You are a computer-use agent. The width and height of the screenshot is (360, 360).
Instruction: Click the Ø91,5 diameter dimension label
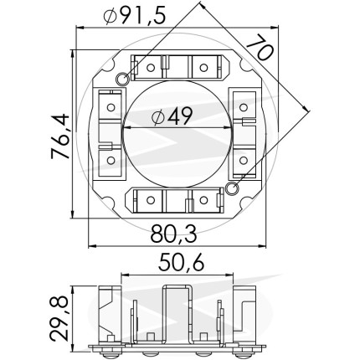135,16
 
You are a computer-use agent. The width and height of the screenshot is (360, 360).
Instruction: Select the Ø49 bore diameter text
172,116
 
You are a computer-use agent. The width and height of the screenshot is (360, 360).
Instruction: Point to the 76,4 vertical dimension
60,136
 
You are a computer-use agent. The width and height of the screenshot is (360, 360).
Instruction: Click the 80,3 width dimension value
174,234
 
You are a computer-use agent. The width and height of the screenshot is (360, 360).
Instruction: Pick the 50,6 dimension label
182,263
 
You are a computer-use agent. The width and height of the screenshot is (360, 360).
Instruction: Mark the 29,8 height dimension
59,319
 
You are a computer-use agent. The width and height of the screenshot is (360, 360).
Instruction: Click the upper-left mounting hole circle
122,79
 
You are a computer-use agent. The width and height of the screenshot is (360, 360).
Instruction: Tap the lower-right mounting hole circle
232,188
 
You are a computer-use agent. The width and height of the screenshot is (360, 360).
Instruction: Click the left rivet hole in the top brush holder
151,67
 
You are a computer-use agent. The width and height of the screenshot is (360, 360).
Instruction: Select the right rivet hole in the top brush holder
203,67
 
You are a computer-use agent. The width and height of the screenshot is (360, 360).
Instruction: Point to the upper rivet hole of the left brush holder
111,107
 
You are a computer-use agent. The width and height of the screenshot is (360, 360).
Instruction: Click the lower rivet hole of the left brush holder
111,160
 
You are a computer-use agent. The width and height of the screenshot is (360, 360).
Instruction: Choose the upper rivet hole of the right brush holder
244,107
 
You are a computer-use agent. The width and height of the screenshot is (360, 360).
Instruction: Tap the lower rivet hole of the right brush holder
244,160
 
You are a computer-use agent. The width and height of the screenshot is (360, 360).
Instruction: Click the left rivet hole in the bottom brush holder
151,200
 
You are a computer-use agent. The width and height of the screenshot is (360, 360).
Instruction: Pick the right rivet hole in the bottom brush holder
203,200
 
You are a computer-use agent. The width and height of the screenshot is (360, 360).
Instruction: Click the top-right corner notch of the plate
246,64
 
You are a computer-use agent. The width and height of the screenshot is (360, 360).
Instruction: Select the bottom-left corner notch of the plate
109,203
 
